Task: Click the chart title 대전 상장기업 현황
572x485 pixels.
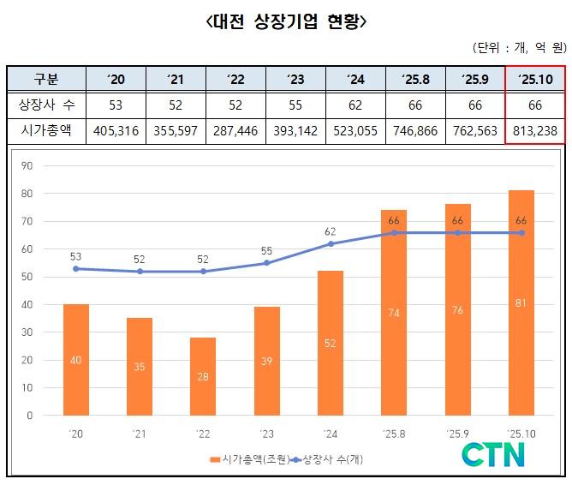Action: point(286,21)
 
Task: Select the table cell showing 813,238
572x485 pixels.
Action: point(534,131)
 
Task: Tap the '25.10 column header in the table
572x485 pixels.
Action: point(534,80)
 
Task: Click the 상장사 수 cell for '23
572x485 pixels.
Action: point(296,105)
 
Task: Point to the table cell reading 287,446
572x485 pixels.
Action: point(236,131)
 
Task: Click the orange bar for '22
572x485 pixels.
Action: point(203,376)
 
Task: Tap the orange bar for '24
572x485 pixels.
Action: point(330,343)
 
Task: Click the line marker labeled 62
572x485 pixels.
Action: point(330,244)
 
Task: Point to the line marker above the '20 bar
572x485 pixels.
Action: point(76,268)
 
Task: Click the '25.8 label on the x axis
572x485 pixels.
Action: point(393,434)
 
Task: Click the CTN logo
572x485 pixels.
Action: point(494,455)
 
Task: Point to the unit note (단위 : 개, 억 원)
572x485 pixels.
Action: point(517,47)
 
